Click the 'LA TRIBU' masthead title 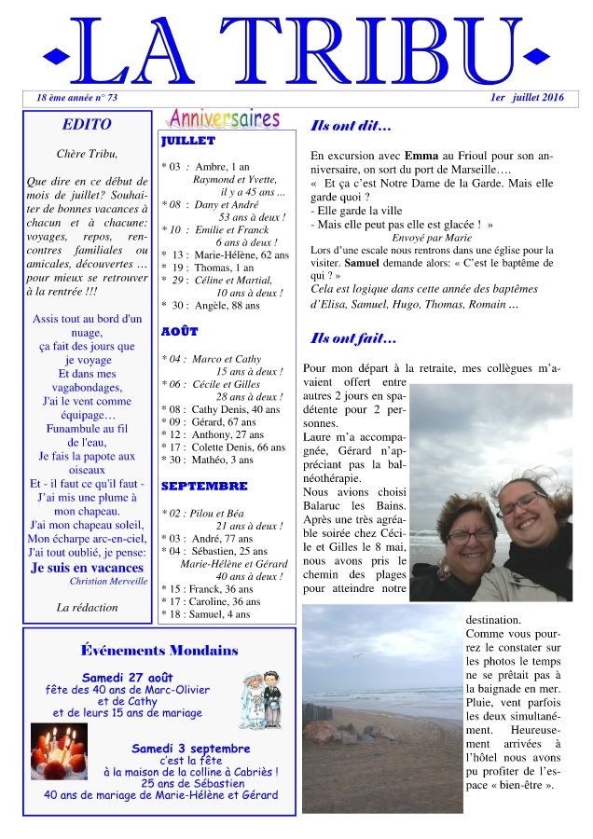pyautogui.click(x=296, y=51)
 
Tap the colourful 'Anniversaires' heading pyautogui.click(x=223, y=119)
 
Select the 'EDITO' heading pyautogui.click(x=87, y=124)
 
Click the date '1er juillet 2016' pyautogui.click(x=527, y=97)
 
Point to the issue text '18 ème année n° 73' pyautogui.click(x=76, y=97)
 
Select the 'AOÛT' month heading pyautogui.click(x=179, y=331)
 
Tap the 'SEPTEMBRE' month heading pyautogui.click(x=203, y=486)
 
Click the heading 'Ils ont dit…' pyautogui.click(x=350, y=126)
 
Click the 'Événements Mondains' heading pyautogui.click(x=159, y=650)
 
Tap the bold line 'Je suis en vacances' pyautogui.click(x=88, y=567)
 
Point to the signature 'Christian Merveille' pyautogui.click(x=108, y=581)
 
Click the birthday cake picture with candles pyautogui.click(x=59, y=750)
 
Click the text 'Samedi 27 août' pyautogui.click(x=128, y=677)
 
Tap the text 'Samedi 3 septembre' pyautogui.click(x=190, y=748)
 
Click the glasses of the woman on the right pyautogui.click(x=519, y=504)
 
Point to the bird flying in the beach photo pyautogui.click(x=355, y=655)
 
